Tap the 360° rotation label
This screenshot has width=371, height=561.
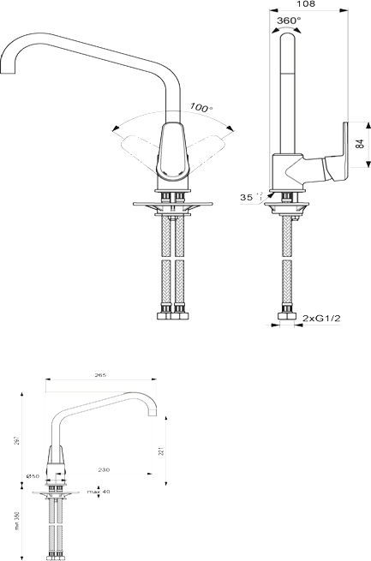click(289, 20)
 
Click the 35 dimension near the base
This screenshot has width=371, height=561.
click(248, 197)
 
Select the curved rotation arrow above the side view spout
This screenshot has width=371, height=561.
click(289, 28)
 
